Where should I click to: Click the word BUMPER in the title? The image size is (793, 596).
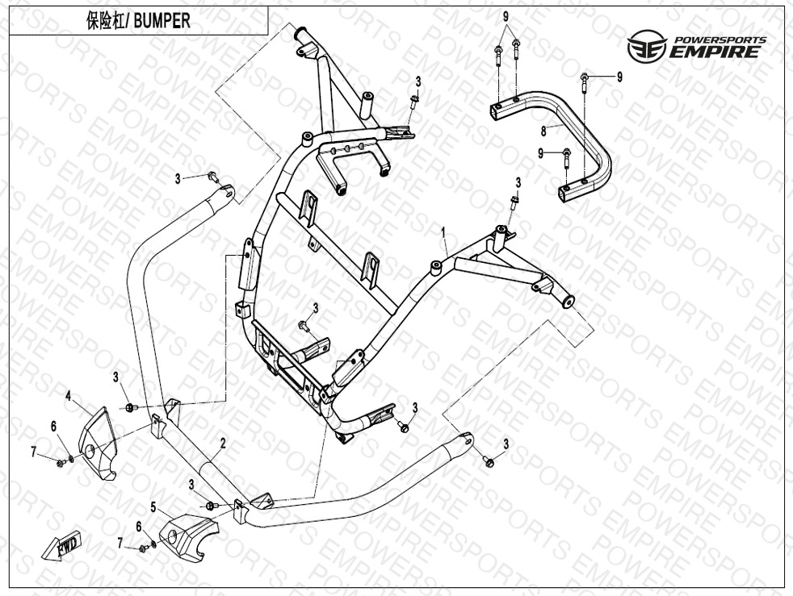click(163, 22)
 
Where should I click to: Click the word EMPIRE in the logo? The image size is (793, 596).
click(714, 53)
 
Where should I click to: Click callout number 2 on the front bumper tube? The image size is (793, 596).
click(222, 443)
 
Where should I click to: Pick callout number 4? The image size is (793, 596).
click(69, 395)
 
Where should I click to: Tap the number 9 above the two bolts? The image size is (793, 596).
click(506, 17)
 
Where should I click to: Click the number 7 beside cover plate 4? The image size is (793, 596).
click(34, 452)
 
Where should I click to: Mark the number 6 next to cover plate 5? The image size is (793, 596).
click(139, 526)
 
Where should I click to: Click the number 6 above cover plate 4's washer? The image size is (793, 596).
click(54, 426)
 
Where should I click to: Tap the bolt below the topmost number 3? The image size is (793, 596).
click(414, 101)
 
